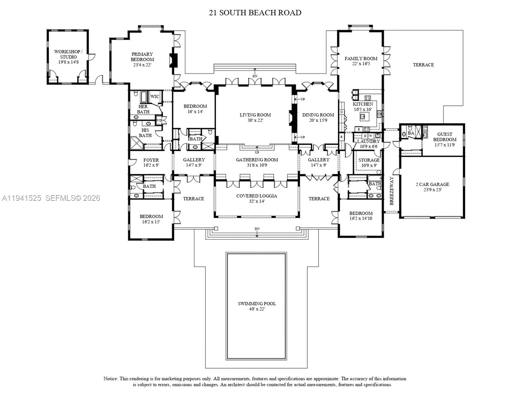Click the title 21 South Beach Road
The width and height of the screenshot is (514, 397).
[x=255, y=13]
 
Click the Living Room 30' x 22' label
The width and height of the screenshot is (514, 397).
[x=255, y=117]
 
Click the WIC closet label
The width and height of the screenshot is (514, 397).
[x=155, y=97]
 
